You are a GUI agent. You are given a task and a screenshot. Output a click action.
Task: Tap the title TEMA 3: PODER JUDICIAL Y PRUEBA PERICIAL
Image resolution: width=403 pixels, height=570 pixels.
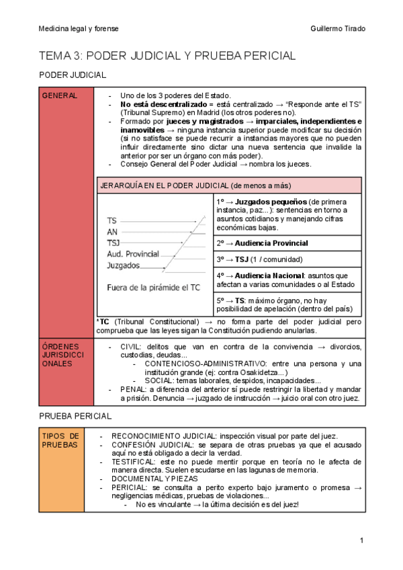coord(167,56)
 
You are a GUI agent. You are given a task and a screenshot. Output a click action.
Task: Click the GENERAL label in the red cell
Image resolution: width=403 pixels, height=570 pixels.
coord(60,96)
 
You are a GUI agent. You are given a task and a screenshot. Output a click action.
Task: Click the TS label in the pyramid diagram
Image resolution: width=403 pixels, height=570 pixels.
coord(111,220)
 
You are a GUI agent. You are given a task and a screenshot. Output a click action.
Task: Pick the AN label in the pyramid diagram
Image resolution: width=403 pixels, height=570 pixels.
coord(112,231)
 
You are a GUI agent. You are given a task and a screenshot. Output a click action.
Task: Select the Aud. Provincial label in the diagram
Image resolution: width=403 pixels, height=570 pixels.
coord(133,254)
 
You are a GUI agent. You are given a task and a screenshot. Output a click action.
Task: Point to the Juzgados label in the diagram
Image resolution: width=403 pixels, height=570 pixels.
coord(124,266)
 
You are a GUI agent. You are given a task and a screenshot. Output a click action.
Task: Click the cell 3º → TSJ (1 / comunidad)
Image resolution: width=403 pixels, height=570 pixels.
coord(259,259)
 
